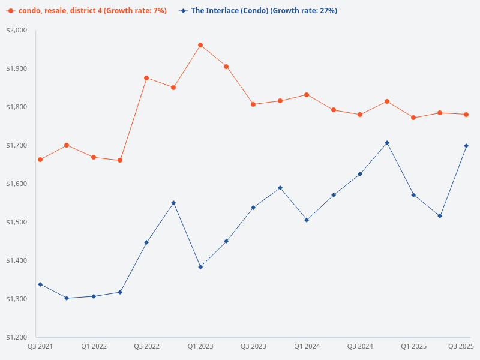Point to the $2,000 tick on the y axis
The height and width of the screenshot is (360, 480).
17,30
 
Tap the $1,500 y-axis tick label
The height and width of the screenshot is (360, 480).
17,222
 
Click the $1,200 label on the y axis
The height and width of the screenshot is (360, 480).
17,337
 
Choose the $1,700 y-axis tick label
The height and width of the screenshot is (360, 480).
17,145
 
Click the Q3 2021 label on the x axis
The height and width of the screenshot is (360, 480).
41,346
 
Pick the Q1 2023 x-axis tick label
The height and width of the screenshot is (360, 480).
200,346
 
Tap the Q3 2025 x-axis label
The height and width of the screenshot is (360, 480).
461,346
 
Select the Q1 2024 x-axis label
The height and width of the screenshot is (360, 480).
307,346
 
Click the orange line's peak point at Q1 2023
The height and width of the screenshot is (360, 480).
200,45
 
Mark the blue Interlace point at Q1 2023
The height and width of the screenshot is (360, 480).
200,267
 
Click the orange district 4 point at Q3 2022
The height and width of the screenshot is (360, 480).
146,78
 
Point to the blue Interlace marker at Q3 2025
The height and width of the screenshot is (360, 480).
466,146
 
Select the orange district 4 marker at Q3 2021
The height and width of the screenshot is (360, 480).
40,160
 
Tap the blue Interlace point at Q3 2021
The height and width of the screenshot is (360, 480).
40,284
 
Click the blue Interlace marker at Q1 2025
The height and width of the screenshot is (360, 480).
413,195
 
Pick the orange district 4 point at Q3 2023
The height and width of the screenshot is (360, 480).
253,104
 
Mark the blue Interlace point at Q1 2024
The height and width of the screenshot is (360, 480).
307,220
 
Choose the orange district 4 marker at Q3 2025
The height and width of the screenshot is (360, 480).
466,115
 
